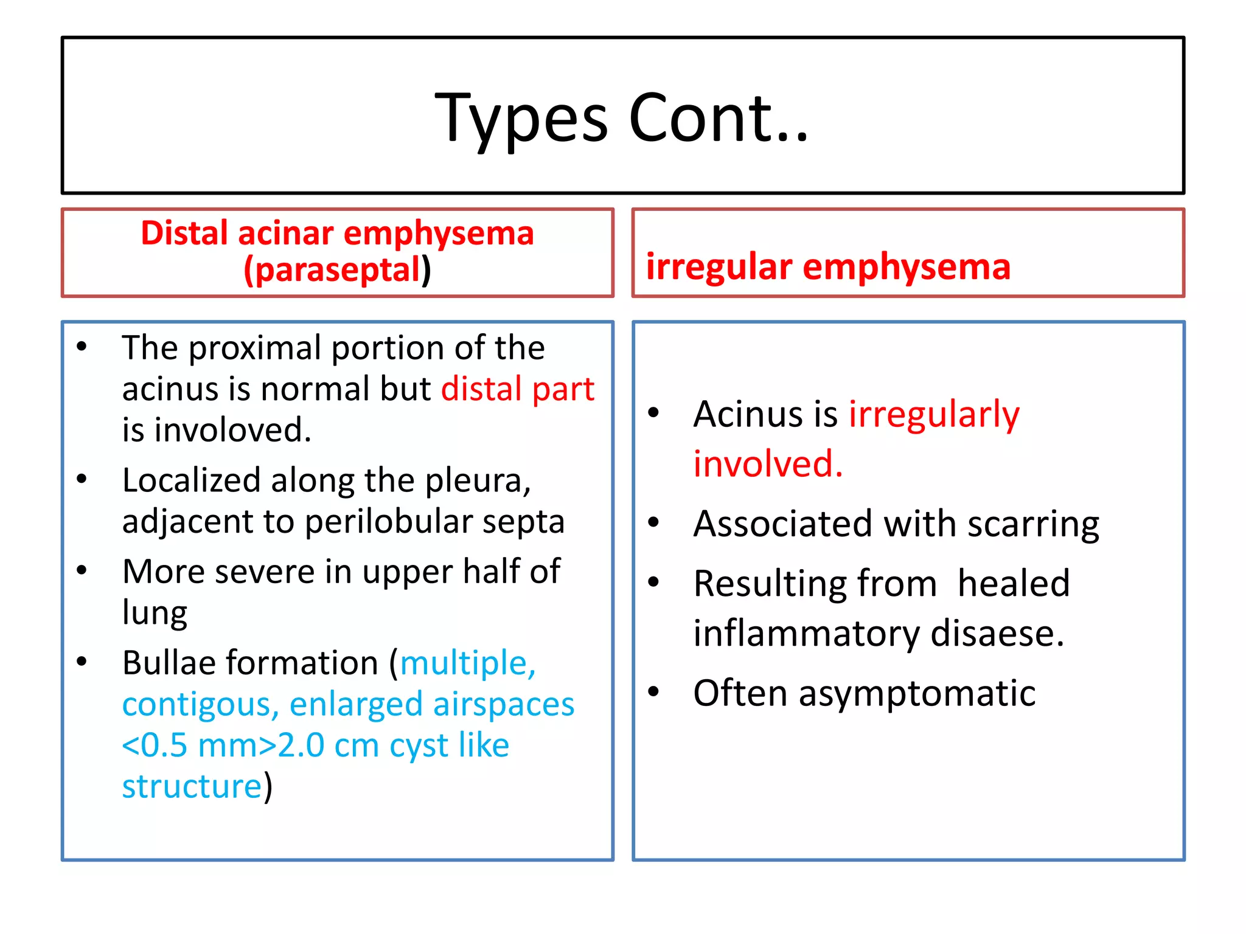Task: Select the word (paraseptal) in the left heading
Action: point(337,270)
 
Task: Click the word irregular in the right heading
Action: point(719,267)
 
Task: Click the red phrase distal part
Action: point(517,389)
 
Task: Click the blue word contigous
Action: point(200,704)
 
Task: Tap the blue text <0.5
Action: point(155,745)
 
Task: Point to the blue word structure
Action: point(192,786)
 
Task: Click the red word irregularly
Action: point(933,415)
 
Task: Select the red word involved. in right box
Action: point(768,464)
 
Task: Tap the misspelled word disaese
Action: point(997,634)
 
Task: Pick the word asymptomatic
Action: point(917,693)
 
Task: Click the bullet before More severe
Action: point(82,570)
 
